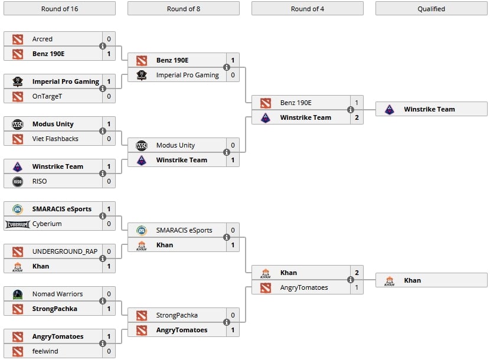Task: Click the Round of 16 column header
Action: [60, 8]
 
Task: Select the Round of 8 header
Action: [184, 8]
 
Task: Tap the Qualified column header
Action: [431, 8]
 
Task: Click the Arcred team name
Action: [43, 39]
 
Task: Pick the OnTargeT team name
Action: [47, 96]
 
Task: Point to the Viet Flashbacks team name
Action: [55, 139]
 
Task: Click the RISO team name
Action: [40, 181]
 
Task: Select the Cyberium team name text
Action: [47, 224]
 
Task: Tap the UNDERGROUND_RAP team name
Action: [65, 251]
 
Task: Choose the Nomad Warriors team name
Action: [57, 294]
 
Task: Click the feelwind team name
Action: [46, 351]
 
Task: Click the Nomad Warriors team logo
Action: [18, 294]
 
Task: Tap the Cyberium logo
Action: [18, 224]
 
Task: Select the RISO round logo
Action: [18, 181]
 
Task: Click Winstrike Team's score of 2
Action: [357, 117]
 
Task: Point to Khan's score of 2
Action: [357, 273]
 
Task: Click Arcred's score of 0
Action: [109, 39]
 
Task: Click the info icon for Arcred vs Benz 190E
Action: [103, 46]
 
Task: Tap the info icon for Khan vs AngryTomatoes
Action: [351, 280]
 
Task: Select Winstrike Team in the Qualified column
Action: [429, 109]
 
